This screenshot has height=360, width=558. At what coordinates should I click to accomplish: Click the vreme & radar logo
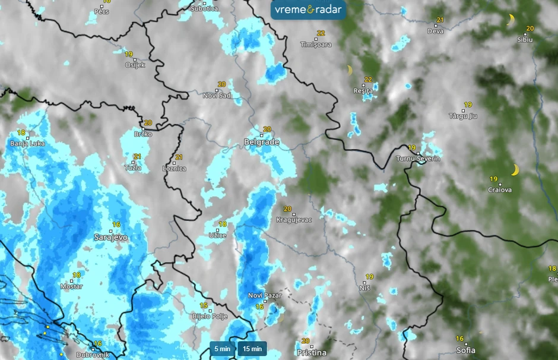tap(308, 10)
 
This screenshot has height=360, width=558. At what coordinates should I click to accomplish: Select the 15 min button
tap(252, 349)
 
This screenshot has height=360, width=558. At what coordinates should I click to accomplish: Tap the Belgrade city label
tap(261, 142)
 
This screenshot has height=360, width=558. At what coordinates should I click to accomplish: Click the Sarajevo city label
tap(111, 237)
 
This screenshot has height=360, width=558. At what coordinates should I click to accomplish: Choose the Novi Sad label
tap(216, 95)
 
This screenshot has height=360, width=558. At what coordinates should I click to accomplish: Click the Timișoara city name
tap(316, 45)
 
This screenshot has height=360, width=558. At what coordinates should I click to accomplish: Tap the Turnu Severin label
tap(418, 159)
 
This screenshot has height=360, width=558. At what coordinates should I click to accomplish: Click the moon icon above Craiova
tap(515, 170)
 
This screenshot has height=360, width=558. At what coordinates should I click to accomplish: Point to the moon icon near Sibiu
tap(511, 20)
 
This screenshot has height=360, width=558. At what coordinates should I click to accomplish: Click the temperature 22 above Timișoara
tap(321, 33)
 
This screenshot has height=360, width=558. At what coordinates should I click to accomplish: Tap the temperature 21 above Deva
tap(440, 20)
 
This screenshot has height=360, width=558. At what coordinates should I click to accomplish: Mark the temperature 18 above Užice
tap(223, 225)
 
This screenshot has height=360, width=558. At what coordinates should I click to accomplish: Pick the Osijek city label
tap(135, 65)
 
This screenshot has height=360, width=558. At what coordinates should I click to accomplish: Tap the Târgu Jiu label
tap(463, 116)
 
